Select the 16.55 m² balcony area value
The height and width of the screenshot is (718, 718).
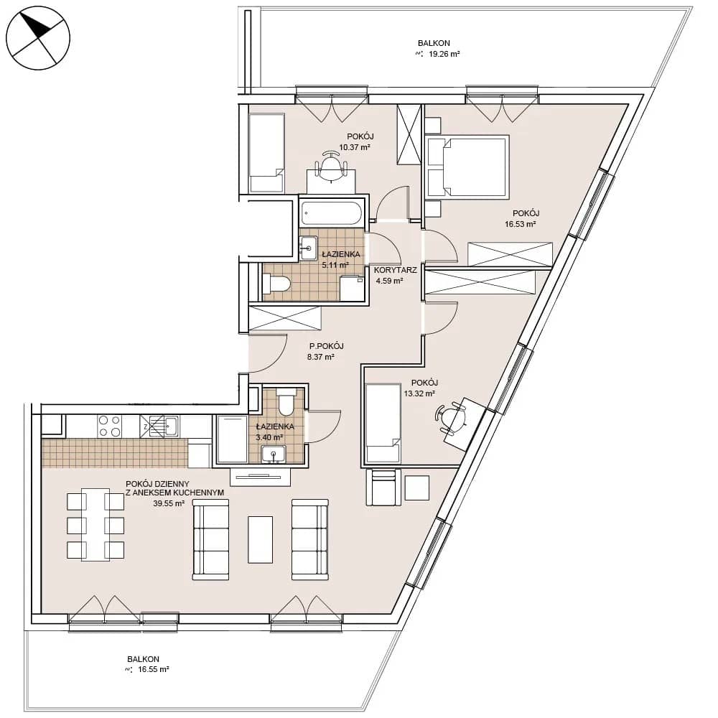click(x=153, y=669)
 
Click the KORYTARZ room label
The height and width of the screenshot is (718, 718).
click(x=395, y=270)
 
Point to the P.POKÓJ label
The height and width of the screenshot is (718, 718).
click(x=326, y=346)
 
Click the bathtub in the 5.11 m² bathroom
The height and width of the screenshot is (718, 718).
click(x=332, y=213)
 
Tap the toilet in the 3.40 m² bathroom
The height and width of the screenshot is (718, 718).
click(x=287, y=401)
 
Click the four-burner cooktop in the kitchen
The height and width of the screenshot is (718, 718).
click(x=110, y=426)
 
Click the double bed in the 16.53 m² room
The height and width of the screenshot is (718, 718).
click(x=467, y=167)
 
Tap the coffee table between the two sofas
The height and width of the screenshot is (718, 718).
click(x=260, y=539)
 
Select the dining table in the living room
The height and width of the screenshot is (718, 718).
click(x=95, y=524)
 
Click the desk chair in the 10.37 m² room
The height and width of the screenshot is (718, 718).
click(x=330, y=166)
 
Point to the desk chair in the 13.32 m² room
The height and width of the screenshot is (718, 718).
click(x=451, y=417)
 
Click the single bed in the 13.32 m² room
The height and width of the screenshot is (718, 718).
click(x=383, y=424)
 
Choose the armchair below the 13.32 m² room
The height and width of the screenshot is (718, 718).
click(x=383, y=487)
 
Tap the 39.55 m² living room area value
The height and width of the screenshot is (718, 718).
click(x=169, y=503)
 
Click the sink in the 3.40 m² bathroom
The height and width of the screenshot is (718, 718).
click(x=274, y=454)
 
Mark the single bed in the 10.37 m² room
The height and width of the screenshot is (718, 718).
click(x=267, y=153)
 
